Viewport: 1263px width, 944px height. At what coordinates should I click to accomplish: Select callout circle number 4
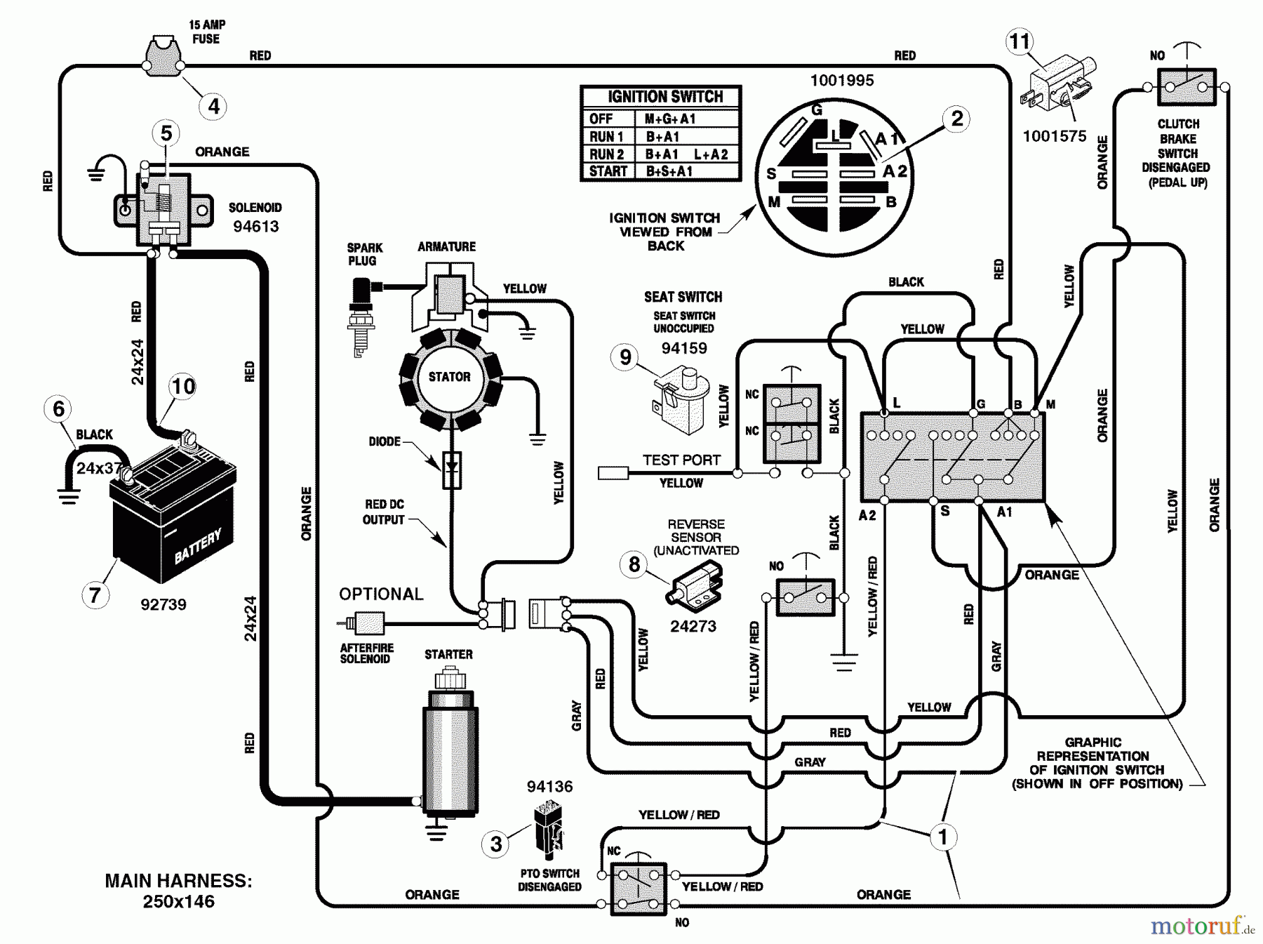point(213,107)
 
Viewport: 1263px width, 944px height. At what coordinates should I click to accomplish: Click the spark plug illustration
point(361,316)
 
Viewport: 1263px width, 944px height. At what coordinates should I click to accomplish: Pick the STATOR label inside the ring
point(449,377)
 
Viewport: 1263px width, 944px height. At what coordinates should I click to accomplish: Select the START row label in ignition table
point(608,171)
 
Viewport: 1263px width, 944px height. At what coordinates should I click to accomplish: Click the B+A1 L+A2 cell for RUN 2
point(686,154)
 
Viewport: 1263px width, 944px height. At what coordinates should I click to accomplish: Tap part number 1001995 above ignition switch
point(842,80)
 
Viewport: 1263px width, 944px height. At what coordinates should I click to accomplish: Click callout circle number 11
point(1019,42)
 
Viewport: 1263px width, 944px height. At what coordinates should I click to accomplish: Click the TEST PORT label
point(681,460)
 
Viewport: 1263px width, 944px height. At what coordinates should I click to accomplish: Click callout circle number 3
point(496,843)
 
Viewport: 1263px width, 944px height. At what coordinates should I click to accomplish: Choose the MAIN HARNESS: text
point(178,881)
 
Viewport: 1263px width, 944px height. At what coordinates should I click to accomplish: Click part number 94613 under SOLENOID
point(255,226)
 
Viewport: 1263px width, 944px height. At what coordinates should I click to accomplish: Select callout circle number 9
point(624,357)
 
